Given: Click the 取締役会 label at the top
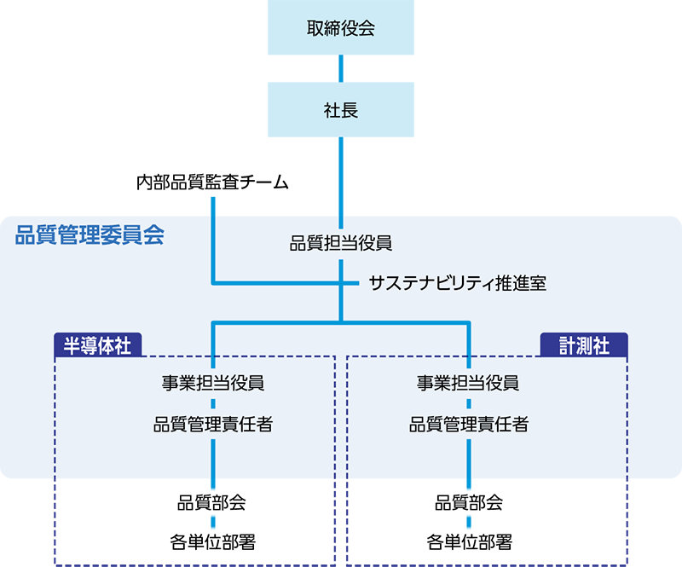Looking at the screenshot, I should pyautogui.click(x=341, y=28).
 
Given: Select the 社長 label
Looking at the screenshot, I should pyautogui.click(x=341, y=110).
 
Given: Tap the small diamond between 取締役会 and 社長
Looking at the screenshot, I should pyautogui.click(x=341, y=67).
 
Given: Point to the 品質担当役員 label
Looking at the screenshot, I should pyautogui.click(x=341, y=244).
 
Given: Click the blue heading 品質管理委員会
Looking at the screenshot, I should pyautogui.click(x=89, y=236).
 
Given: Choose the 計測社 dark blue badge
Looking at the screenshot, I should pyautogui.click(x=584, y=344).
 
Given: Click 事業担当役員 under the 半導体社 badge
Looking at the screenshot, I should pyautogui.click(x=213, y=382).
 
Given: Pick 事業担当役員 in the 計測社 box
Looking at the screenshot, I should pyautogui.click(x=469, y=382).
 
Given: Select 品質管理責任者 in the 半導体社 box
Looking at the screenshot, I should pyautogui.click(x=213, y=424).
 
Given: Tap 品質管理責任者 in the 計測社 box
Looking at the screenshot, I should pyautogui.click(x=469, y=424).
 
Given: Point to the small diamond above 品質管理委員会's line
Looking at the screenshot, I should pyautogui.click(x=212, y=203).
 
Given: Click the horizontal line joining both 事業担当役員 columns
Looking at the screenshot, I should pyautogui.click(x=341, y=322).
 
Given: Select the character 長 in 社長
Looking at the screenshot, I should pyautogui.click(x=350, y=110).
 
